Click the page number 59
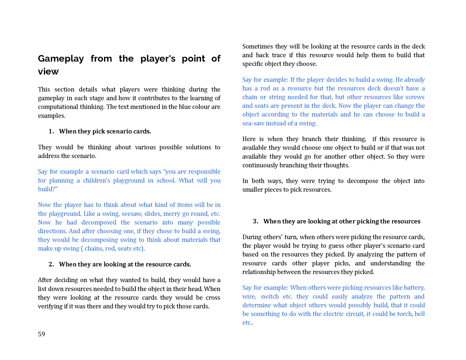pyautogui.click(x=41, y=334)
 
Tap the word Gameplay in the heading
pyautogui.click(x=61, y=59)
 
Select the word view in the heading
pyautogui.click(x=48, y=72)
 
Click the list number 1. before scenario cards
pyautogui.click(x=51, y=131)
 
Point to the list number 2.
pyautogui.click(x=51, y=264)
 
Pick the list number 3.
pyautogui.click(x=256, y=221)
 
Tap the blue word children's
pyautogui.click(x=96, y=180)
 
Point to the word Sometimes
pyautogui.click(x=257, y=47)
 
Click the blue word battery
pyautogui.click(x=413, y=288)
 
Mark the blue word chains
pyautogui.click(x=94, y=248)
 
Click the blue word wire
pyautogui.click(x=249, y=297)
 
